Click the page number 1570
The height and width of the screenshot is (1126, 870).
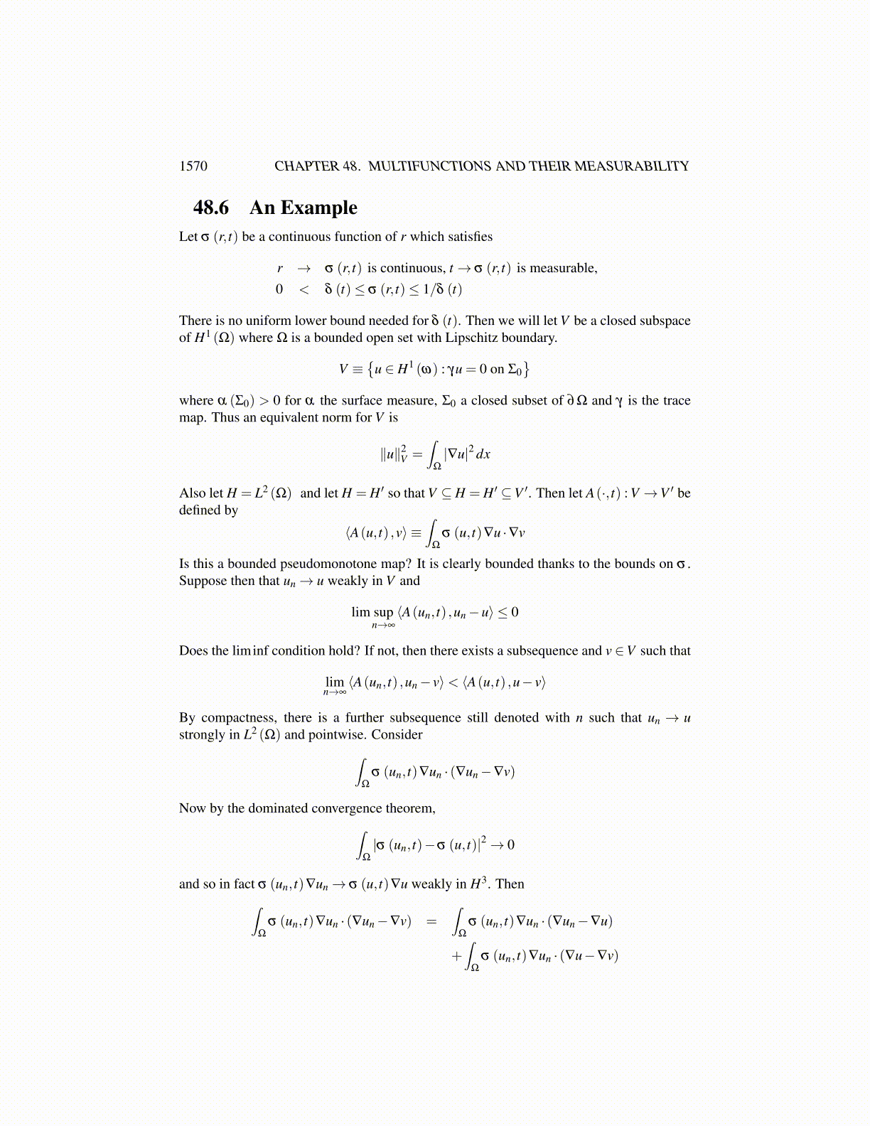click(x=193, y=166)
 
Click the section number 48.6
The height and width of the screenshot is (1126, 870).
click(x=211, y=208)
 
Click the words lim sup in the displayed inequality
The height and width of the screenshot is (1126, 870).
click(x=372, y=612)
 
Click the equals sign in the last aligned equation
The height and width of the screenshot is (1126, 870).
click(x=431, y=922)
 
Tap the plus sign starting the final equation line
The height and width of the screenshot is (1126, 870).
click(x=456, y=956)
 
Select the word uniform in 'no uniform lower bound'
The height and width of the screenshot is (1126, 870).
click(x=269, y=321)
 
